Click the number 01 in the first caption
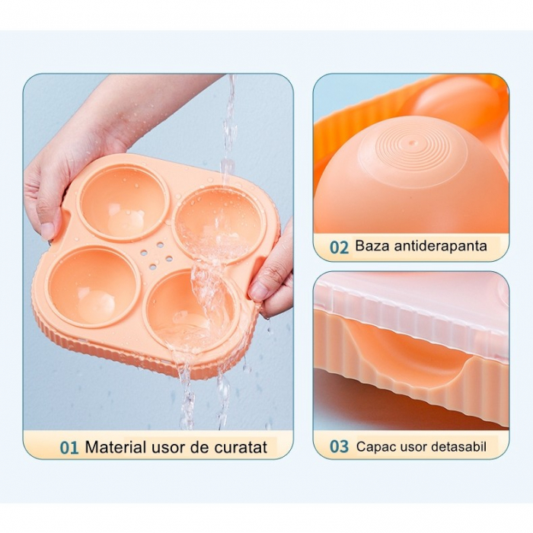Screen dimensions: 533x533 69,448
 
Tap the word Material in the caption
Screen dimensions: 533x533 113,447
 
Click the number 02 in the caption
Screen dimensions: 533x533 339,247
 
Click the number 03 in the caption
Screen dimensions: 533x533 339,447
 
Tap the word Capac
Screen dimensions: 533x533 375,447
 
